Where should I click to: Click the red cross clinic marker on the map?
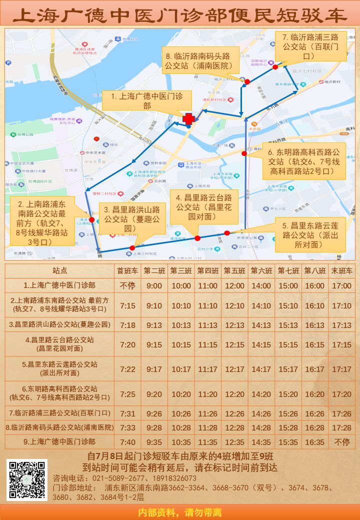coord(188,118)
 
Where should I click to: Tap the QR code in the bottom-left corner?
coord(27,480)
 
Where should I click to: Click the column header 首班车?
coord(127,271)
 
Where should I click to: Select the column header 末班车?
coord(342,271)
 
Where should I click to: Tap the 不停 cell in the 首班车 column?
coord(127,286)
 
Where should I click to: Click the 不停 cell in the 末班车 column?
coord(342,442)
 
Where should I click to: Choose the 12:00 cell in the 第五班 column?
coord(234,286)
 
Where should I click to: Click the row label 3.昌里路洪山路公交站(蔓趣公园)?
coord(59,324)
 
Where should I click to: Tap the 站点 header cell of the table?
coord(59,271)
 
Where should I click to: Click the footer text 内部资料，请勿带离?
coord(180,512)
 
